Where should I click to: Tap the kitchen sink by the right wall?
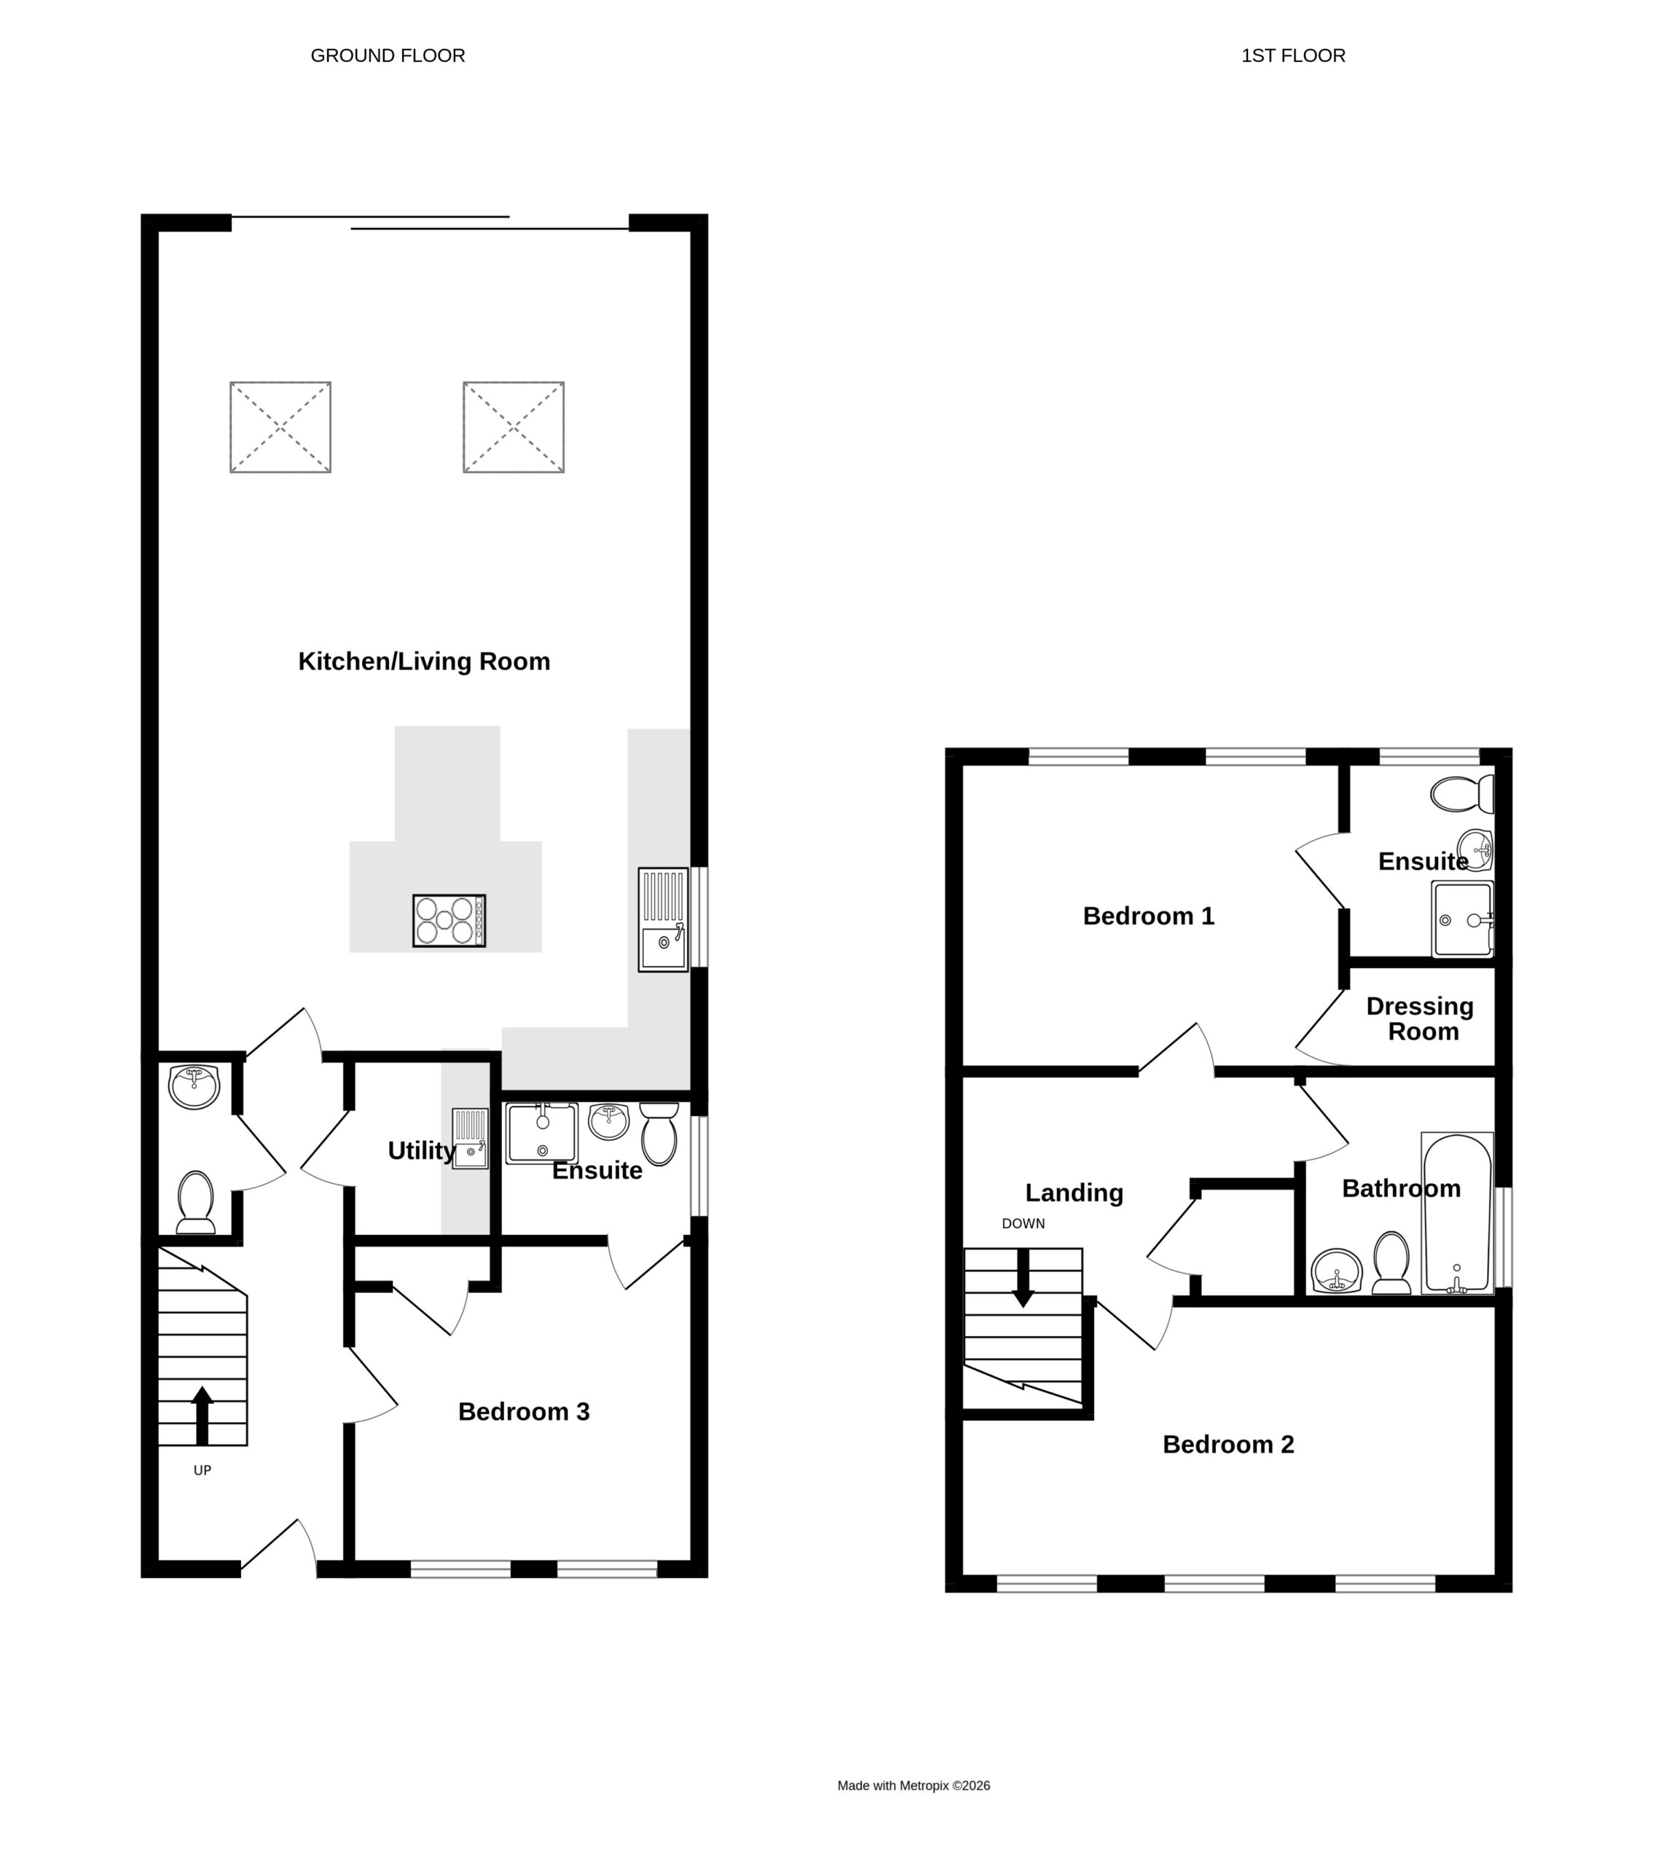click(663, 919)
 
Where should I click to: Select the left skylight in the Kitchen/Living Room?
click(280, 427)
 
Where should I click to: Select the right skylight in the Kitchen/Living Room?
click(514, 427)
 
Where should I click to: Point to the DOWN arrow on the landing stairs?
click(1024, 1277)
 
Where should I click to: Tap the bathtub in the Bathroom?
click(1457, 1213)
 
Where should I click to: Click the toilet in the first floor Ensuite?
click(1462, 794)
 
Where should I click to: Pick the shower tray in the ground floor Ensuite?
click(542, 1134)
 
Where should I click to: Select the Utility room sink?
click(470, 1138)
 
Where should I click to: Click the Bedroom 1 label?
click(1149, 916)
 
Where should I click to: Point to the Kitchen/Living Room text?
click(424, 661)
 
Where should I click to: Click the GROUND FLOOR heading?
click(388, 55)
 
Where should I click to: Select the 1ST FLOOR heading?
click(1294, 55)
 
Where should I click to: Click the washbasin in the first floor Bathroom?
click(1336, 1271)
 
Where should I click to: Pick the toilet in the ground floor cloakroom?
click(195, 1201)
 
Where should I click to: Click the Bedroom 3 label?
click(524, 1412)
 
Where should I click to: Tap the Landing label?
click(1074, 1193)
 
